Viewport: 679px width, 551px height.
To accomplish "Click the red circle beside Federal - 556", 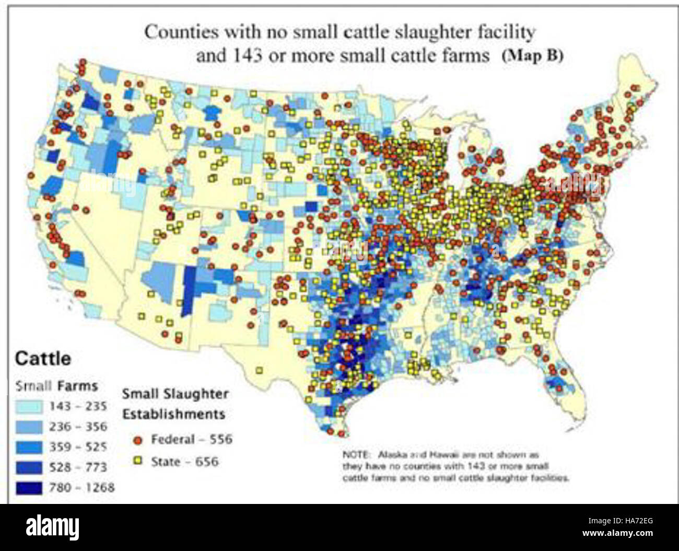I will pyautogui.click(x=138, y=440).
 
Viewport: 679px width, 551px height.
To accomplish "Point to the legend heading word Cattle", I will pyautogui.click(x=43, y=359).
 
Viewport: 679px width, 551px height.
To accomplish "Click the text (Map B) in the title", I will pyautogui.click(x=532, y=56).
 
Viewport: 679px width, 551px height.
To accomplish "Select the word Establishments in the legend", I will pyautogui.click(x=173, y=414).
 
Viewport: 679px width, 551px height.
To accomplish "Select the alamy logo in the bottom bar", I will pyautogui.click(x=52, y=526).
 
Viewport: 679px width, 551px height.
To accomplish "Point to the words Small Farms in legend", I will pyautogui.click(x=56, y=386).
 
